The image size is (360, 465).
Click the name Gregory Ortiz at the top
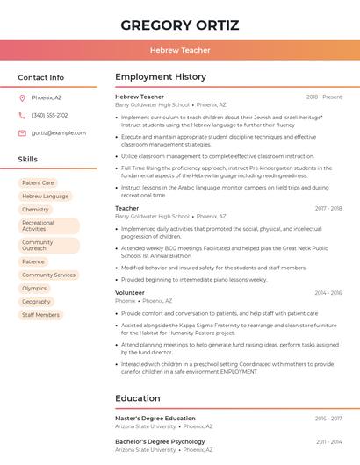click(x=180, y=25)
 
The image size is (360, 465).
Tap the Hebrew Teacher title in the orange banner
click(x=180, y=50)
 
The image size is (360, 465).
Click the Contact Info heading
click(x=41, y=77)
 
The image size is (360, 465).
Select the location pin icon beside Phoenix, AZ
click(x=22, y=97)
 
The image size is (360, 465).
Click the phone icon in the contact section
click(x=22, y=115)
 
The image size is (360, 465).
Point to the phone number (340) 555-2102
click(x=50, y=115)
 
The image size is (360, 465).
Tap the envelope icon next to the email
click(x=22, y=132)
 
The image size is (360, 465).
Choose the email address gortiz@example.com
click(x=59, y=132)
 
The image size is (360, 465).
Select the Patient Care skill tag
click(x=38, y=182)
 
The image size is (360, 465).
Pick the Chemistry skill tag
click(x=35, y=209)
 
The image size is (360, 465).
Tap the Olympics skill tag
click(x=34, y=288)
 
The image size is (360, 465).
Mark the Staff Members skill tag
click(x=40, y=314)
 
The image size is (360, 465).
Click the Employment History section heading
click(x=161, y=77)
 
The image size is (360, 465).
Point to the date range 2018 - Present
click(x=324, y=97)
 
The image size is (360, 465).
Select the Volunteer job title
click(x=130, y=292)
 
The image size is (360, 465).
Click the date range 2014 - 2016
click(x=328, y=292)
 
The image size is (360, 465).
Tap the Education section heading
click(x=138, y=398)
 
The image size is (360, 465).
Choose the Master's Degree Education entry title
click(x=155, y=418)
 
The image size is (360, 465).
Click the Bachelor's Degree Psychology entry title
click(x=160, y=441)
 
